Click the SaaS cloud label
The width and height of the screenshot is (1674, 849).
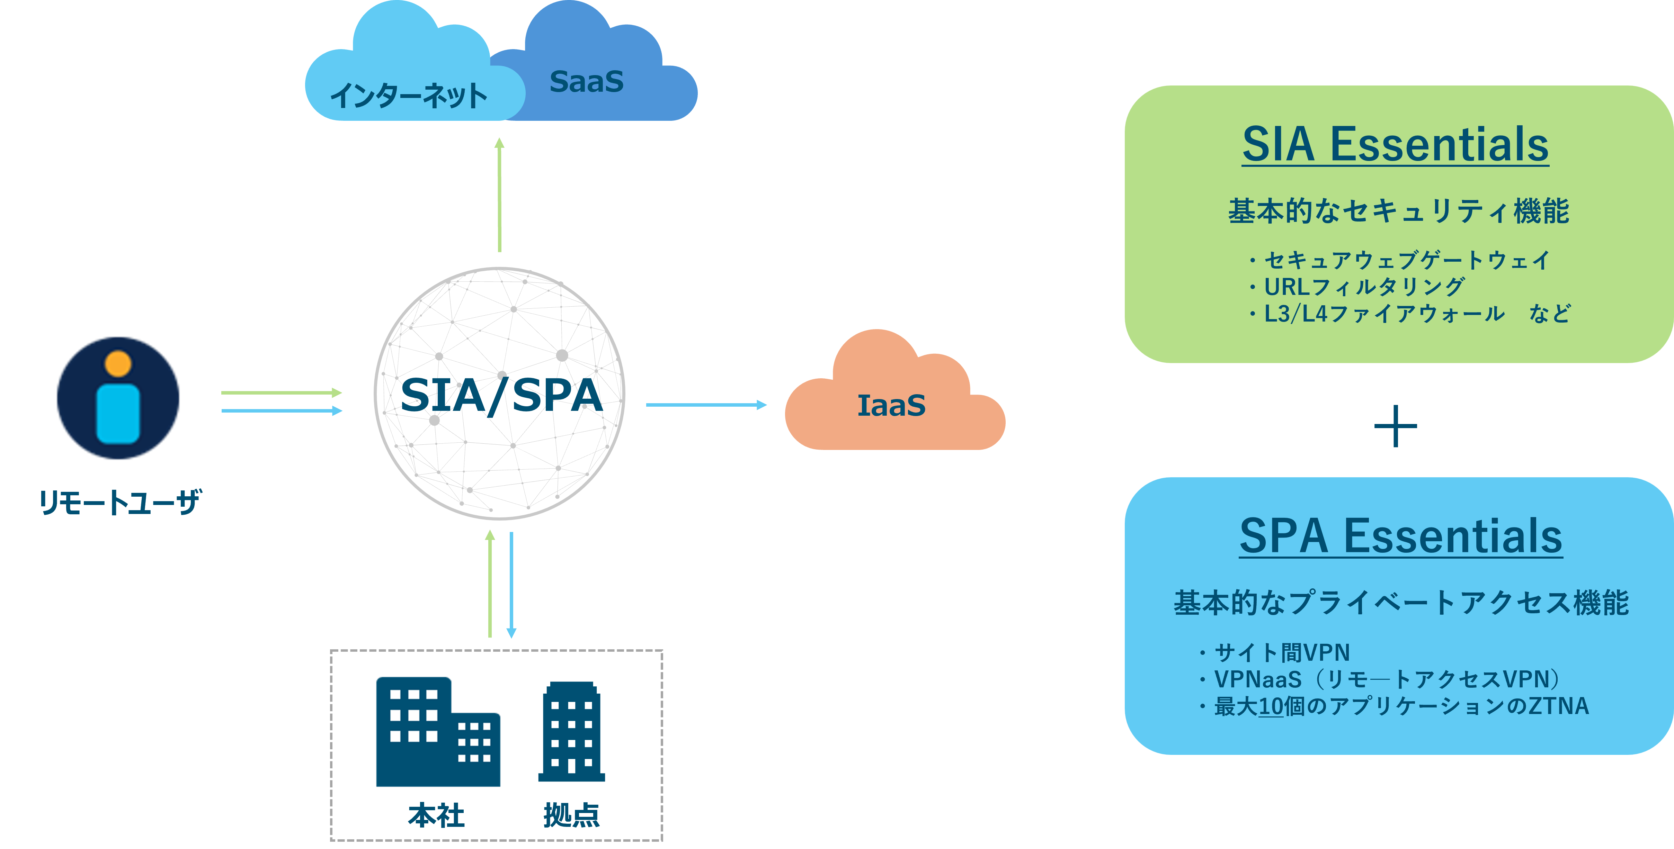pos(586,82)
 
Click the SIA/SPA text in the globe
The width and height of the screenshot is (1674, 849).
pos(501,395)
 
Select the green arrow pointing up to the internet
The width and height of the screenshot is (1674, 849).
pos(499,195)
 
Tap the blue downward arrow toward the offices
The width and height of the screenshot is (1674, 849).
pos(511,585)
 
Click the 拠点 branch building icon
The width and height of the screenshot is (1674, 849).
pos(571,732)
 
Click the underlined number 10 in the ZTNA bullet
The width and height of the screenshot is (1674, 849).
pos(1271,706)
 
